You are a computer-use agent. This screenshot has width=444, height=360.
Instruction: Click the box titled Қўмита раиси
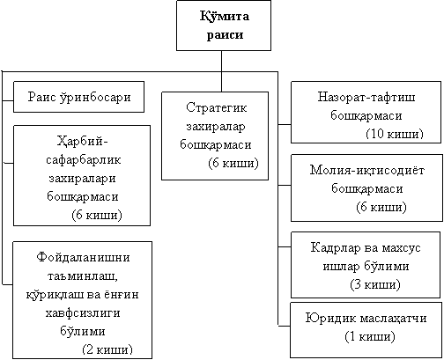coord(224,26)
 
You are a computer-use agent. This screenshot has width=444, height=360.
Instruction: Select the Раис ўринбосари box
coord(78,97)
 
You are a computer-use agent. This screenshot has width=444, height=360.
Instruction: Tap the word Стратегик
coord(217,107)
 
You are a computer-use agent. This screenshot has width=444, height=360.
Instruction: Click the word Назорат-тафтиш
coord(366,97)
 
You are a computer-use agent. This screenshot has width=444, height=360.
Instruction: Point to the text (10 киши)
coord(395,134)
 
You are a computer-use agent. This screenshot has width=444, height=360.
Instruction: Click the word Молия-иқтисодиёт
coord(367,170)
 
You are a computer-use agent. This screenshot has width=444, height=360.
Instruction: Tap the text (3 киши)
coord(375,284)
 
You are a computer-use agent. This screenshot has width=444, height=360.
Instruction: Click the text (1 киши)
coord(370,336)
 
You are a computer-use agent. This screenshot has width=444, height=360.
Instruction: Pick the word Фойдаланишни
coord(83,257)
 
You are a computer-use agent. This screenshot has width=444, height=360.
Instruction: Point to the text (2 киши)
coord(107,349)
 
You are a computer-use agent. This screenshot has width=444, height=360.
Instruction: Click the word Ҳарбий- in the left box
coord(83,142)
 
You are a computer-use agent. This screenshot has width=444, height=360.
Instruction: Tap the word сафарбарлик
coord(84,160)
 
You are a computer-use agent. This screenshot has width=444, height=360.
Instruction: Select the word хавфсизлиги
coord(83,312)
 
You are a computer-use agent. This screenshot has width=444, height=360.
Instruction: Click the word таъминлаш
coord(83,276)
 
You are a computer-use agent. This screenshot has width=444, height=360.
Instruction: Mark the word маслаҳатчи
coord(393,318)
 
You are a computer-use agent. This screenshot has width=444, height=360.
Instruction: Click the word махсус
coord(402,248)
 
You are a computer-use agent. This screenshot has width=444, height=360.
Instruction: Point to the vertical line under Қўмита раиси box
coord(221,71)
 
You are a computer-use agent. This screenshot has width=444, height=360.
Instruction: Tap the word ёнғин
coord(121,295)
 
